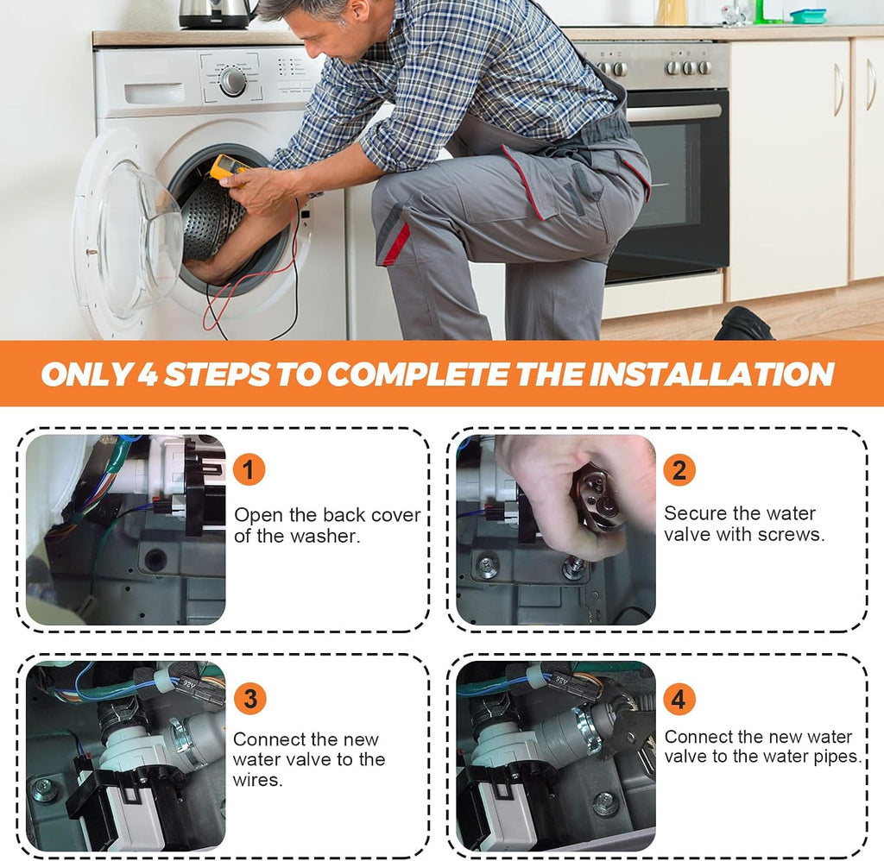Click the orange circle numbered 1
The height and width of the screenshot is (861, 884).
[x=249, y=468]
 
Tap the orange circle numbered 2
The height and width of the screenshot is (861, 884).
[x=679, y=468]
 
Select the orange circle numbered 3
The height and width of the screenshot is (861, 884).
[x=249, y=698]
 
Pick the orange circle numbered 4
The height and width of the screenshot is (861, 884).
[x=679, y=698]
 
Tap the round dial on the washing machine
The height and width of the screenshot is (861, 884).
[x=232, y=82]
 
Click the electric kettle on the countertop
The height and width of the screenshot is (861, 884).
[x=215, y=14]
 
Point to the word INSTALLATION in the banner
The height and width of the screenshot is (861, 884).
[x=711, y=374]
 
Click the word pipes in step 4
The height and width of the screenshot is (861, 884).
[x=838, y=757]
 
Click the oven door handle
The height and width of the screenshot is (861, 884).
[x=673, y=112]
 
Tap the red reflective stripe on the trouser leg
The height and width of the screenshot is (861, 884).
[x=397, y=243]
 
